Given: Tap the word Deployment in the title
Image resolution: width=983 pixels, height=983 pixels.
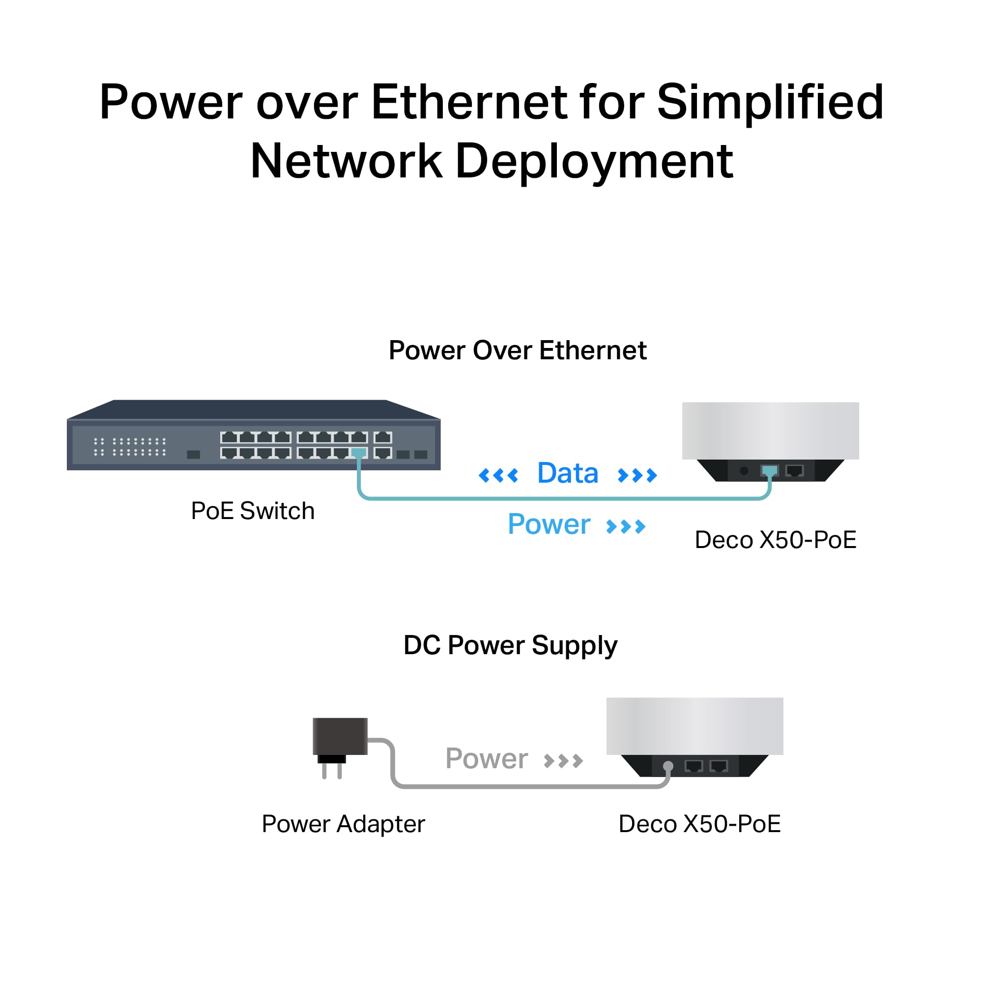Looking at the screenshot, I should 594,161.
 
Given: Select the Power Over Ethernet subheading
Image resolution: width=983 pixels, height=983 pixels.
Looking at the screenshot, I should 518,350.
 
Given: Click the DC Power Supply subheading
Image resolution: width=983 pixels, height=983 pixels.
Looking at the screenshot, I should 510,646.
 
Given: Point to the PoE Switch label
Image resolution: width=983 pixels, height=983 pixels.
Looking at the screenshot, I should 252,511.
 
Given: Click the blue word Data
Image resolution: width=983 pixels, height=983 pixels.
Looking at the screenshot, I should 567,473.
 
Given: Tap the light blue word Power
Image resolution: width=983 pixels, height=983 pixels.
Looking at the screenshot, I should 549,524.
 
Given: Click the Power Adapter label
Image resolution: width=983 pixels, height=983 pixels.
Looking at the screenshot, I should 343,824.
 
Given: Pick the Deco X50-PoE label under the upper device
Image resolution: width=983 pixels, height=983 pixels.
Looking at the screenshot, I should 776,540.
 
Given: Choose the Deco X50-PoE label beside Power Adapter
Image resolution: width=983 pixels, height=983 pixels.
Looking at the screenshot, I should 699,824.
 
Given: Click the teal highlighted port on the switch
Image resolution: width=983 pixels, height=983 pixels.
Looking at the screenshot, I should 359,453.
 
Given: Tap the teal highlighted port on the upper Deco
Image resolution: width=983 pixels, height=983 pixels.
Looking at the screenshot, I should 769,471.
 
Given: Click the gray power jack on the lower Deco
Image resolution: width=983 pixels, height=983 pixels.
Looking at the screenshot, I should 668,766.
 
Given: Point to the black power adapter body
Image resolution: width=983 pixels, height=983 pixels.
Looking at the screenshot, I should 340,736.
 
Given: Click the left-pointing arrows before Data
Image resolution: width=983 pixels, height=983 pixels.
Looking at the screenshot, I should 498,476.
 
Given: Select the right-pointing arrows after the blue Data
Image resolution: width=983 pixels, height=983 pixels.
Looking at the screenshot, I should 637,476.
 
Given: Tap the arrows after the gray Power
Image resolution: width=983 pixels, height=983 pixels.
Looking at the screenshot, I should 563,761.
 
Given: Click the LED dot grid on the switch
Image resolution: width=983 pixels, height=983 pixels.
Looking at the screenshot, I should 130,447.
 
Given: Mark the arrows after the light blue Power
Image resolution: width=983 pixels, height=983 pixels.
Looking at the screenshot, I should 626,526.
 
